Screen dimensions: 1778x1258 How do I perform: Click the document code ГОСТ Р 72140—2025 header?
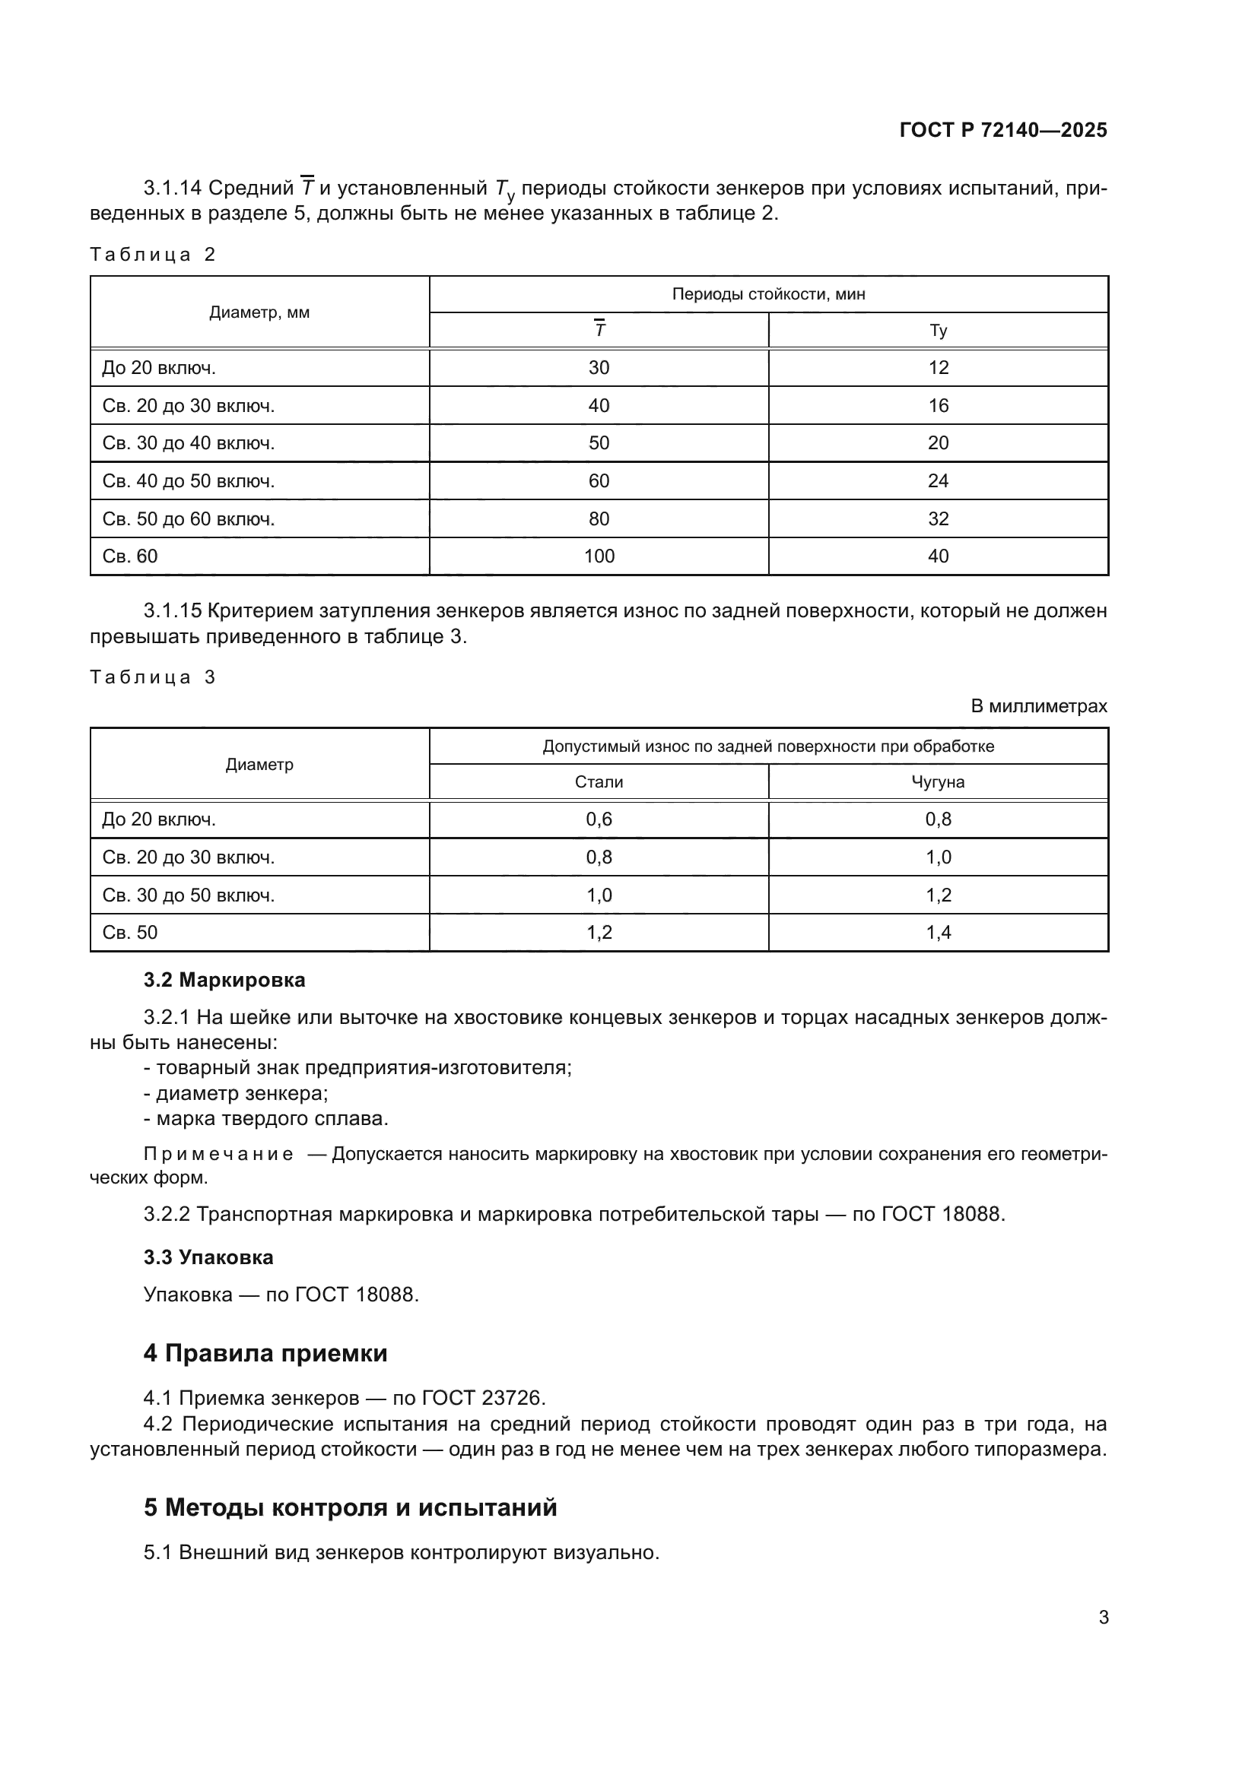click(1003, 130)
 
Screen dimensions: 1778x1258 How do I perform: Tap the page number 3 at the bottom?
click(1104, 1617)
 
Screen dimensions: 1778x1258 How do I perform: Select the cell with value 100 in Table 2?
click(599, 556)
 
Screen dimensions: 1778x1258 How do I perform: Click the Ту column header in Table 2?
click(938, 331)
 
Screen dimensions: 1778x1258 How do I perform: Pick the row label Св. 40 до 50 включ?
click(188, 481)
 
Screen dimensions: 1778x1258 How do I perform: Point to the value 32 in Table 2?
click(938, 519)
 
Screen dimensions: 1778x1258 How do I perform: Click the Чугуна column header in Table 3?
click(938, 782)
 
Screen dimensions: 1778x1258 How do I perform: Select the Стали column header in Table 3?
click(599, 782)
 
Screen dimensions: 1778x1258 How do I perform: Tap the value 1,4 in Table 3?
click(938, 933)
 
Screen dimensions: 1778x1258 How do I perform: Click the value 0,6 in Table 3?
click(599, 819)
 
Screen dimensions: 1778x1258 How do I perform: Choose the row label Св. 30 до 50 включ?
click(188, 895)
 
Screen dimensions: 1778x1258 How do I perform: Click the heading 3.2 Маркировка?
click(224, 981)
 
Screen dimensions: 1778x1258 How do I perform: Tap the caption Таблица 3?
click(152, 677)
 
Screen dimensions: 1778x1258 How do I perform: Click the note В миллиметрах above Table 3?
click(1039, 706)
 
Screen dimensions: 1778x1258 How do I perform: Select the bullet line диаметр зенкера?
click(237, 1093)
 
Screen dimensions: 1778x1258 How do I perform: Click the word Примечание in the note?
click(218, 1155)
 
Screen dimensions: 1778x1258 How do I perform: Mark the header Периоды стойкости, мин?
click(768, 294)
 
